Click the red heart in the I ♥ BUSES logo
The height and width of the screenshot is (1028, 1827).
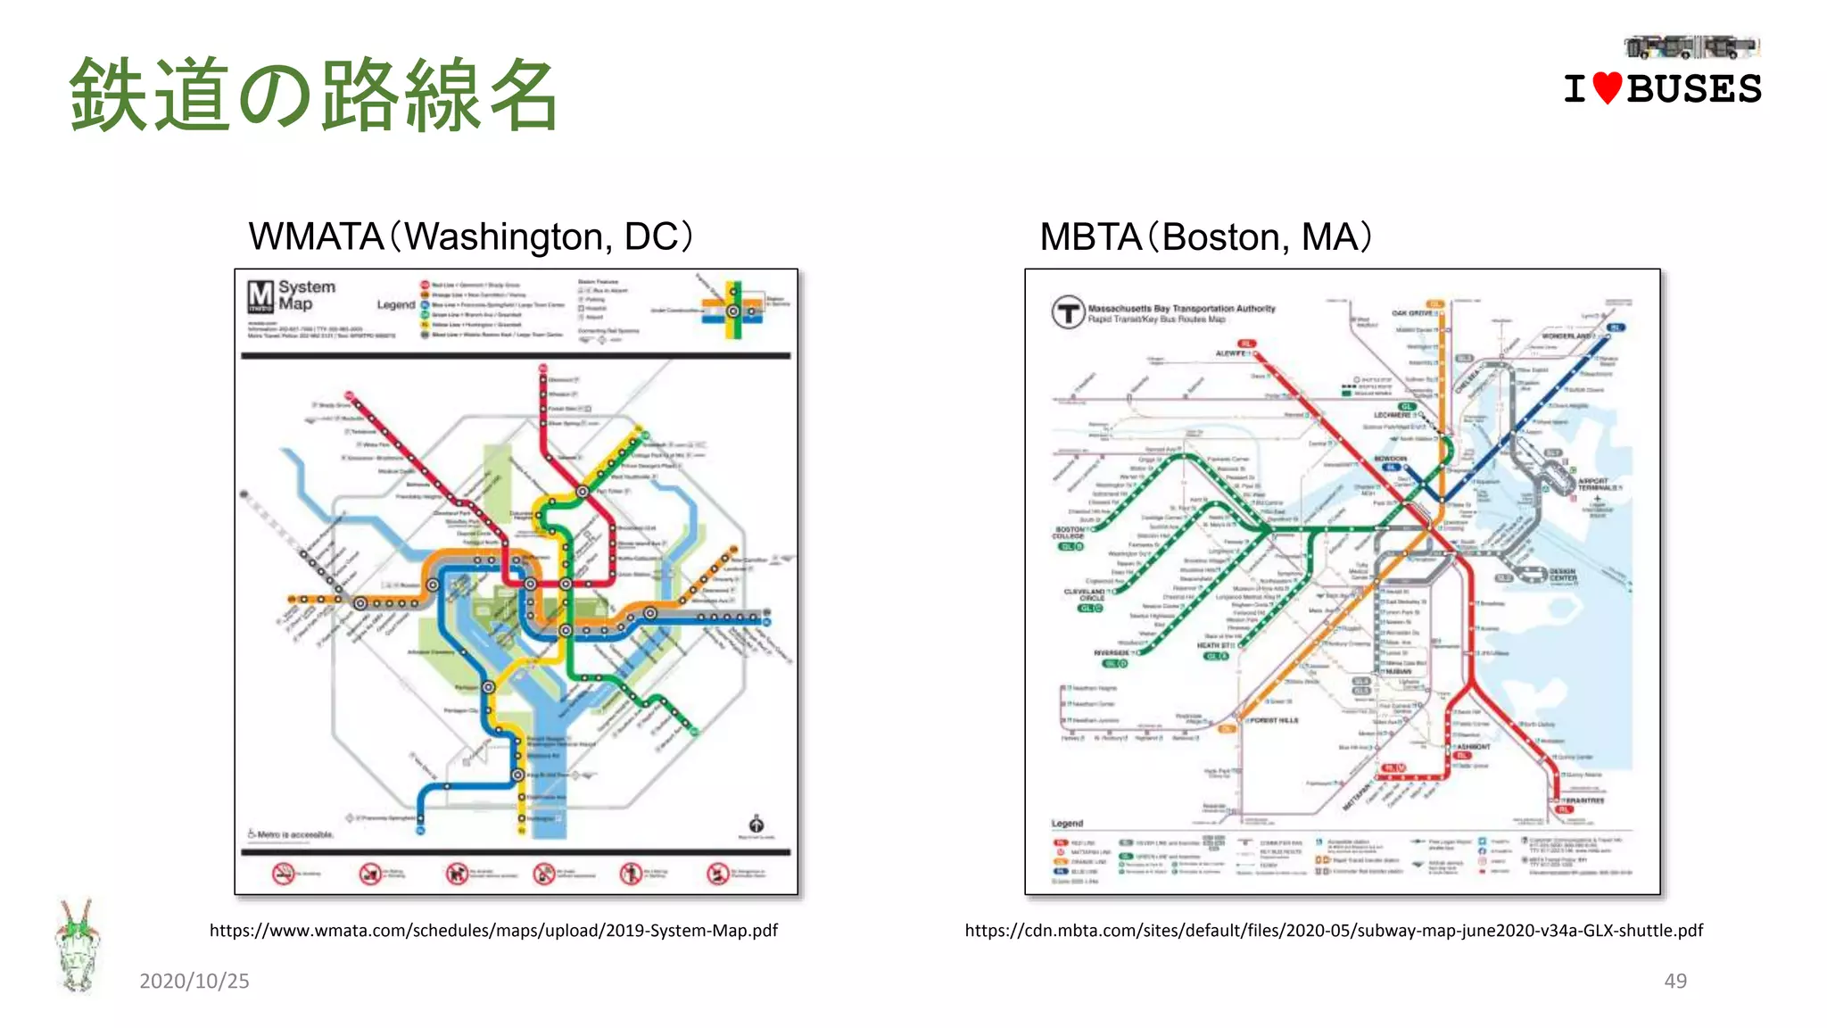pos(1607,88)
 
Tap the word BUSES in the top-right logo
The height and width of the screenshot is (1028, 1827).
pos(1694,89)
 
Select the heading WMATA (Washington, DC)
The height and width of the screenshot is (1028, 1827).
pos(470,236)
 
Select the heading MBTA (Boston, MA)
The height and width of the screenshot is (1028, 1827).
pos(1205,236)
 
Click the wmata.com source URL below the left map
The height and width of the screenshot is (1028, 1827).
pos(493,931)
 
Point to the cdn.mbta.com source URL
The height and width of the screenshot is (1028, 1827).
pos(1334,931)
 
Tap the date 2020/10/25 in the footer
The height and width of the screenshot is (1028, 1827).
pos(194,981)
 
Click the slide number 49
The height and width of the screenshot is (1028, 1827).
pos(1675,981)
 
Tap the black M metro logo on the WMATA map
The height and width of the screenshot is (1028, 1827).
pos(260,296)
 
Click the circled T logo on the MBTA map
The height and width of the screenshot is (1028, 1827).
pos(1068,312)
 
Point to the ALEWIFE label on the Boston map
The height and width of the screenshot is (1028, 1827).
pos(1231,354)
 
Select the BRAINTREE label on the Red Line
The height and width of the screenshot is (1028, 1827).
pos(1584,800)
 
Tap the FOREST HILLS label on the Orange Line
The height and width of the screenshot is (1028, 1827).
pos(1275,720)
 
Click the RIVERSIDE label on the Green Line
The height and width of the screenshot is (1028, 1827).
pos(1112,652)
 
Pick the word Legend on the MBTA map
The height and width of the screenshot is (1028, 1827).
pos(1067,824)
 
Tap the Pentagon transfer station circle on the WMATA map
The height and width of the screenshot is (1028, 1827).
pos(489,687)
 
